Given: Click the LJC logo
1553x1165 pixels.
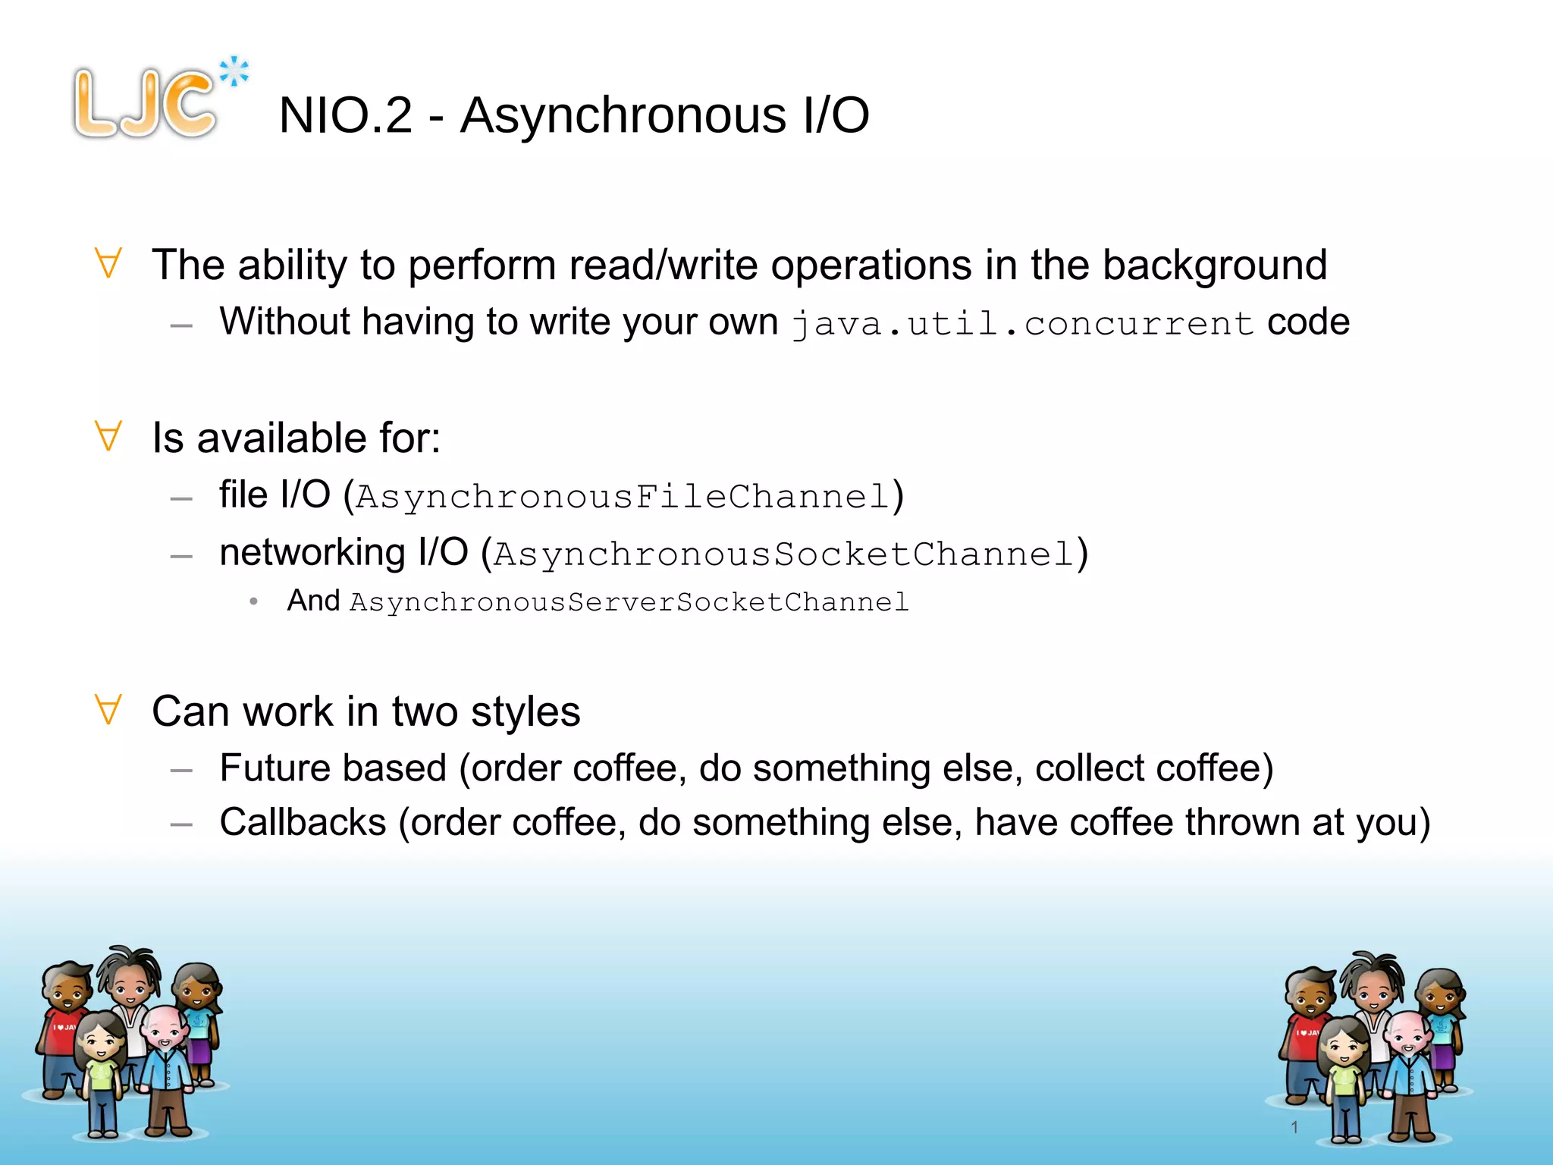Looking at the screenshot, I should pos(144,104).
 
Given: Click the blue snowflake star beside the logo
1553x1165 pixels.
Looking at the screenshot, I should pos(234,72).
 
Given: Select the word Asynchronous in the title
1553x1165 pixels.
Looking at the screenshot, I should pos(623,115).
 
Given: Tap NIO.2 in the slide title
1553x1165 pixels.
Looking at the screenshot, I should pos(345,115).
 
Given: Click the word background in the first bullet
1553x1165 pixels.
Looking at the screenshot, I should pos(1214,265).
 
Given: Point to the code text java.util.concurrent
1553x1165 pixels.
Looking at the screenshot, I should pos(1022,324).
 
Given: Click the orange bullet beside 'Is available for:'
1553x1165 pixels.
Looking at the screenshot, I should pos(108,436).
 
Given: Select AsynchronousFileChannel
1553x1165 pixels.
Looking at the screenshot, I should pos(622,497).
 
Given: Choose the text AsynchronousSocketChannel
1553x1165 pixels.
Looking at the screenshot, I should pos(783,554).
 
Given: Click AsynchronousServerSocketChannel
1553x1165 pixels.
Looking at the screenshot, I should pos(629,602).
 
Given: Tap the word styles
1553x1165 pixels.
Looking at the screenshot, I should pos(525,711).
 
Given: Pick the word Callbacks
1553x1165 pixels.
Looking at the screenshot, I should pos(303,822).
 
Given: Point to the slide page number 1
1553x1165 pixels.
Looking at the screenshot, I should pos(1294,1127).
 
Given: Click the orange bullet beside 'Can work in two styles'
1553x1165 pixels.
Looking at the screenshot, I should pos(108,710).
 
